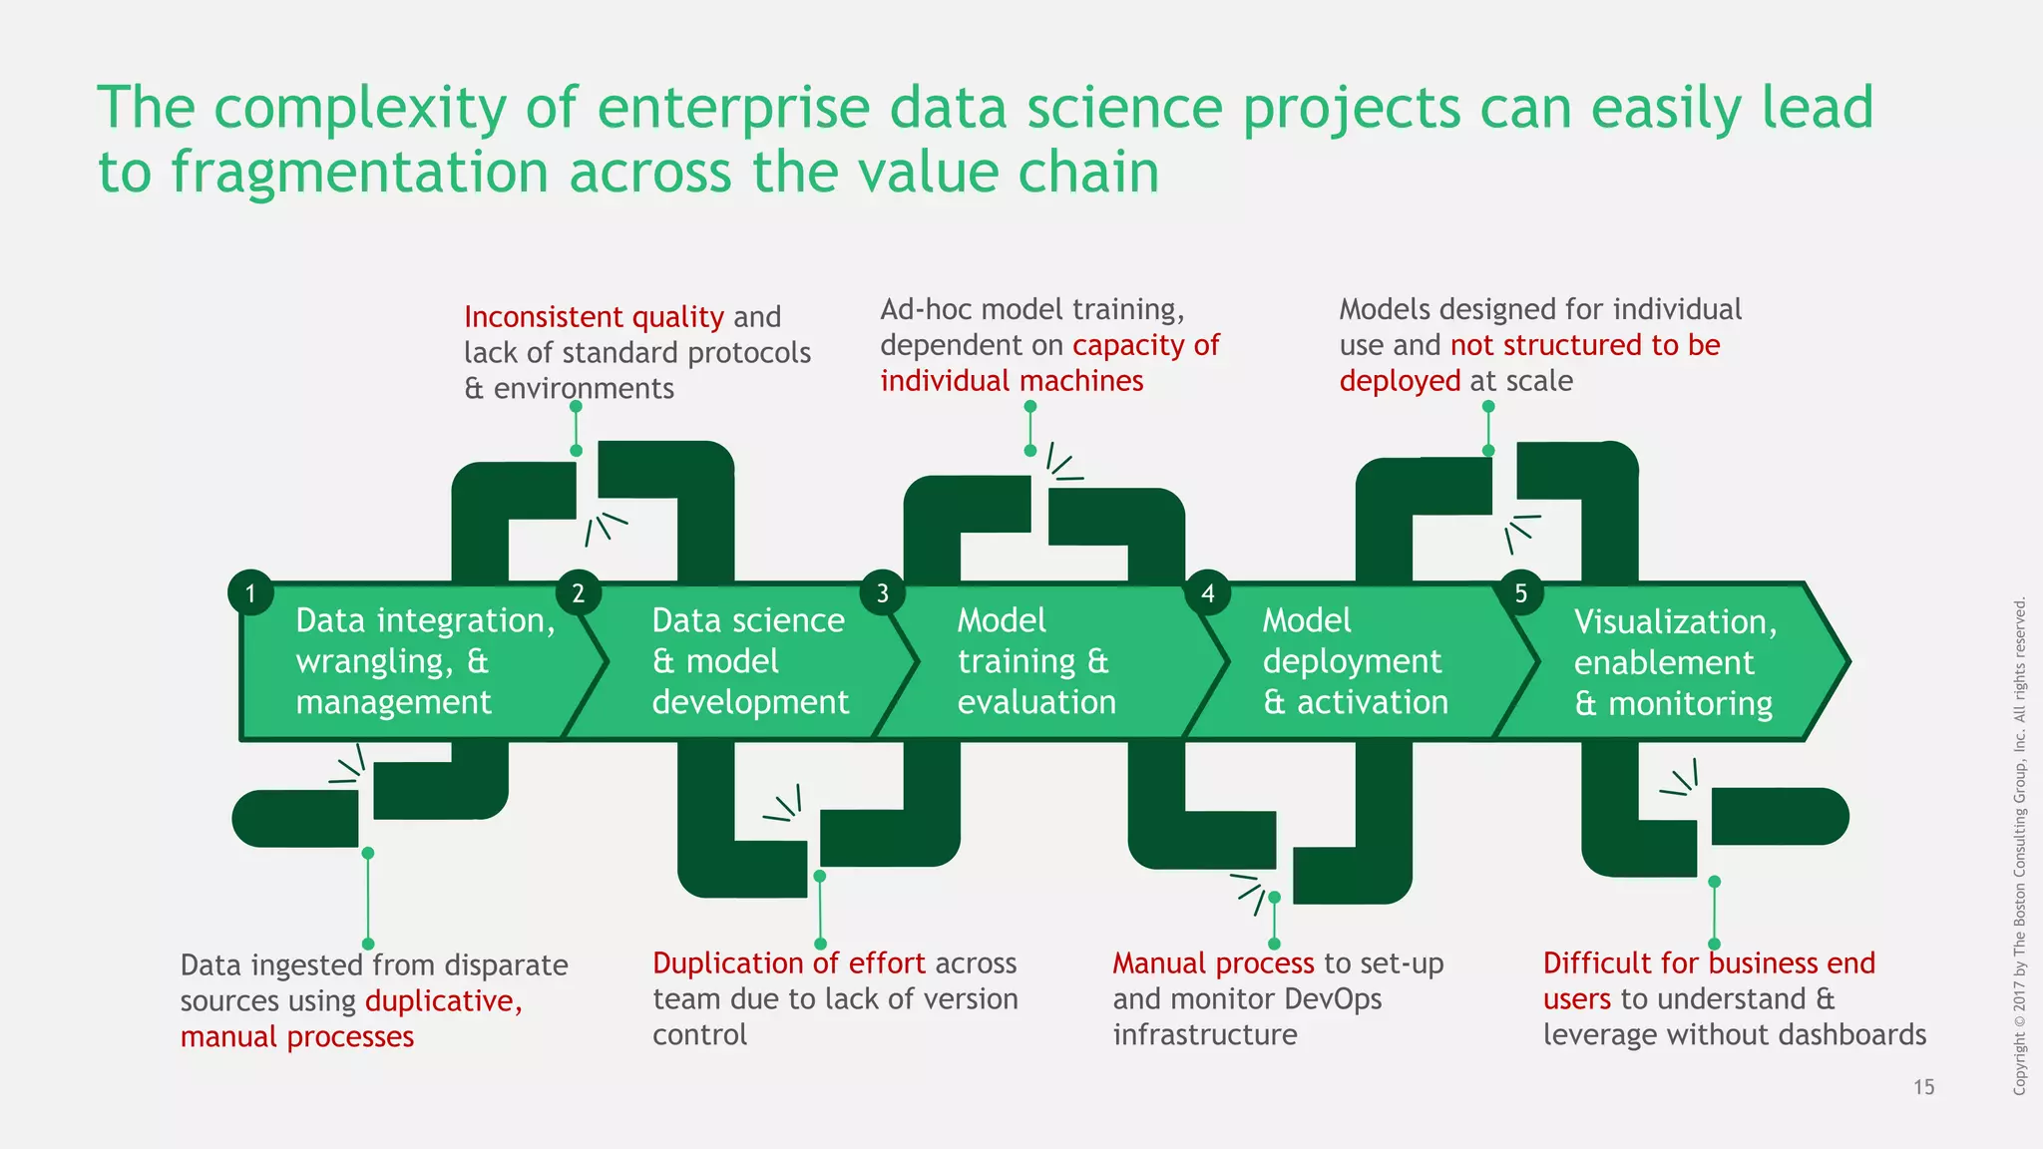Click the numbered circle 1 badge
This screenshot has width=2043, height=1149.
tap(250, 593)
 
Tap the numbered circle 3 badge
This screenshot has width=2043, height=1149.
tap(882, 593)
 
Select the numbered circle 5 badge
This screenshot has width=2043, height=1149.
tap(1520, 593)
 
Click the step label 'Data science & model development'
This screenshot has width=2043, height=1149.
tap(749, 661)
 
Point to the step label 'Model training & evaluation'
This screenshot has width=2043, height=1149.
tap(1035, 661)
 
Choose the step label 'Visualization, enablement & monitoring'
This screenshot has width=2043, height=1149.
tap(1675, 662)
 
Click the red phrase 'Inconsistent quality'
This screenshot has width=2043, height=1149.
tap(594, 317)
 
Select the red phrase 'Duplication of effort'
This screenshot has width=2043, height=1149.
tap(789, 963)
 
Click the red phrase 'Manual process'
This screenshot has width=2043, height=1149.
tap(1213, 963)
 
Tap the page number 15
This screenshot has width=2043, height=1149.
tap(1923, 1087)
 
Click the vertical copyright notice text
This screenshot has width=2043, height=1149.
tap(2020, 846)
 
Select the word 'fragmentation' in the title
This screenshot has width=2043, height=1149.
tap(360, 172)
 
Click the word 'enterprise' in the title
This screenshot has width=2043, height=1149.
tap(733, 108)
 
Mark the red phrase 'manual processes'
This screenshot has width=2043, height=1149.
tap(297, 1037)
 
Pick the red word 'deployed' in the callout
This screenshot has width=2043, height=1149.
tap(1400, 381)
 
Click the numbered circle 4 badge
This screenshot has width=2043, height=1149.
tap(1207, 593)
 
